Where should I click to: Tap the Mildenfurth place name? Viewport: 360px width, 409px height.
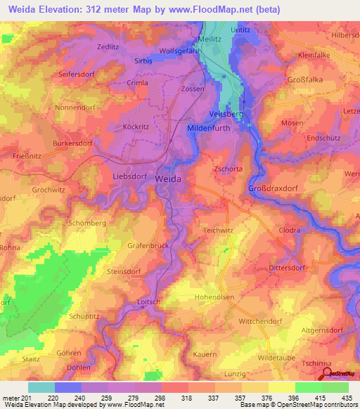tap(212, 128)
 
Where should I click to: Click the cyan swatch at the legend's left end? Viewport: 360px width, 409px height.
tap(41, 387)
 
